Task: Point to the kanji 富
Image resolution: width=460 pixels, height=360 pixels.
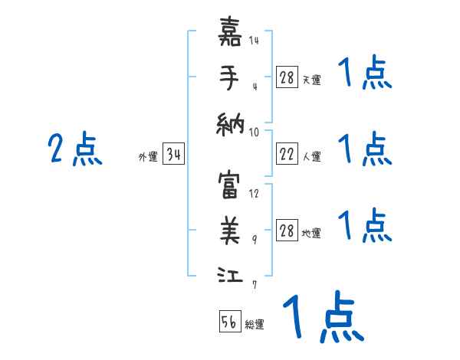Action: click(x=231, y=185)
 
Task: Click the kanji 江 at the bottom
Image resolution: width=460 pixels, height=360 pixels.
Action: click(x=231, y=274)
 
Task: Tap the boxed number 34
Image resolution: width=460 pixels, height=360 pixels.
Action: click(x=173, y=155)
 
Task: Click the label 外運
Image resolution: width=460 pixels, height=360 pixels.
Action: click(x=148, y=157)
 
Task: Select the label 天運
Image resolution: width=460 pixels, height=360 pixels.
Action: click(x=312, y=80)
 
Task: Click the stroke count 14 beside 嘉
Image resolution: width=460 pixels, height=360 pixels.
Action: click(x=253, y=40)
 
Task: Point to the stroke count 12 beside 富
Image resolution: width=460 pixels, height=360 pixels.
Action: click(x=254, y=193)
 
